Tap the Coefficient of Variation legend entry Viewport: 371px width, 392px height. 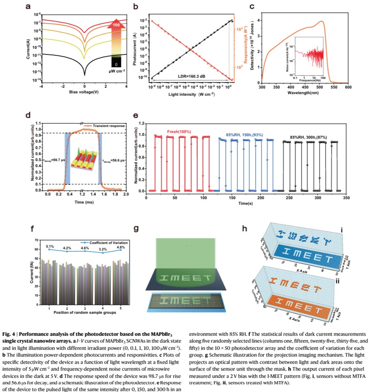100,242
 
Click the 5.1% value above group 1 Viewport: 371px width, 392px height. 49,246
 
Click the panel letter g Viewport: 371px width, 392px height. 136,229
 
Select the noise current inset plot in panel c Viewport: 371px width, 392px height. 308,56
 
